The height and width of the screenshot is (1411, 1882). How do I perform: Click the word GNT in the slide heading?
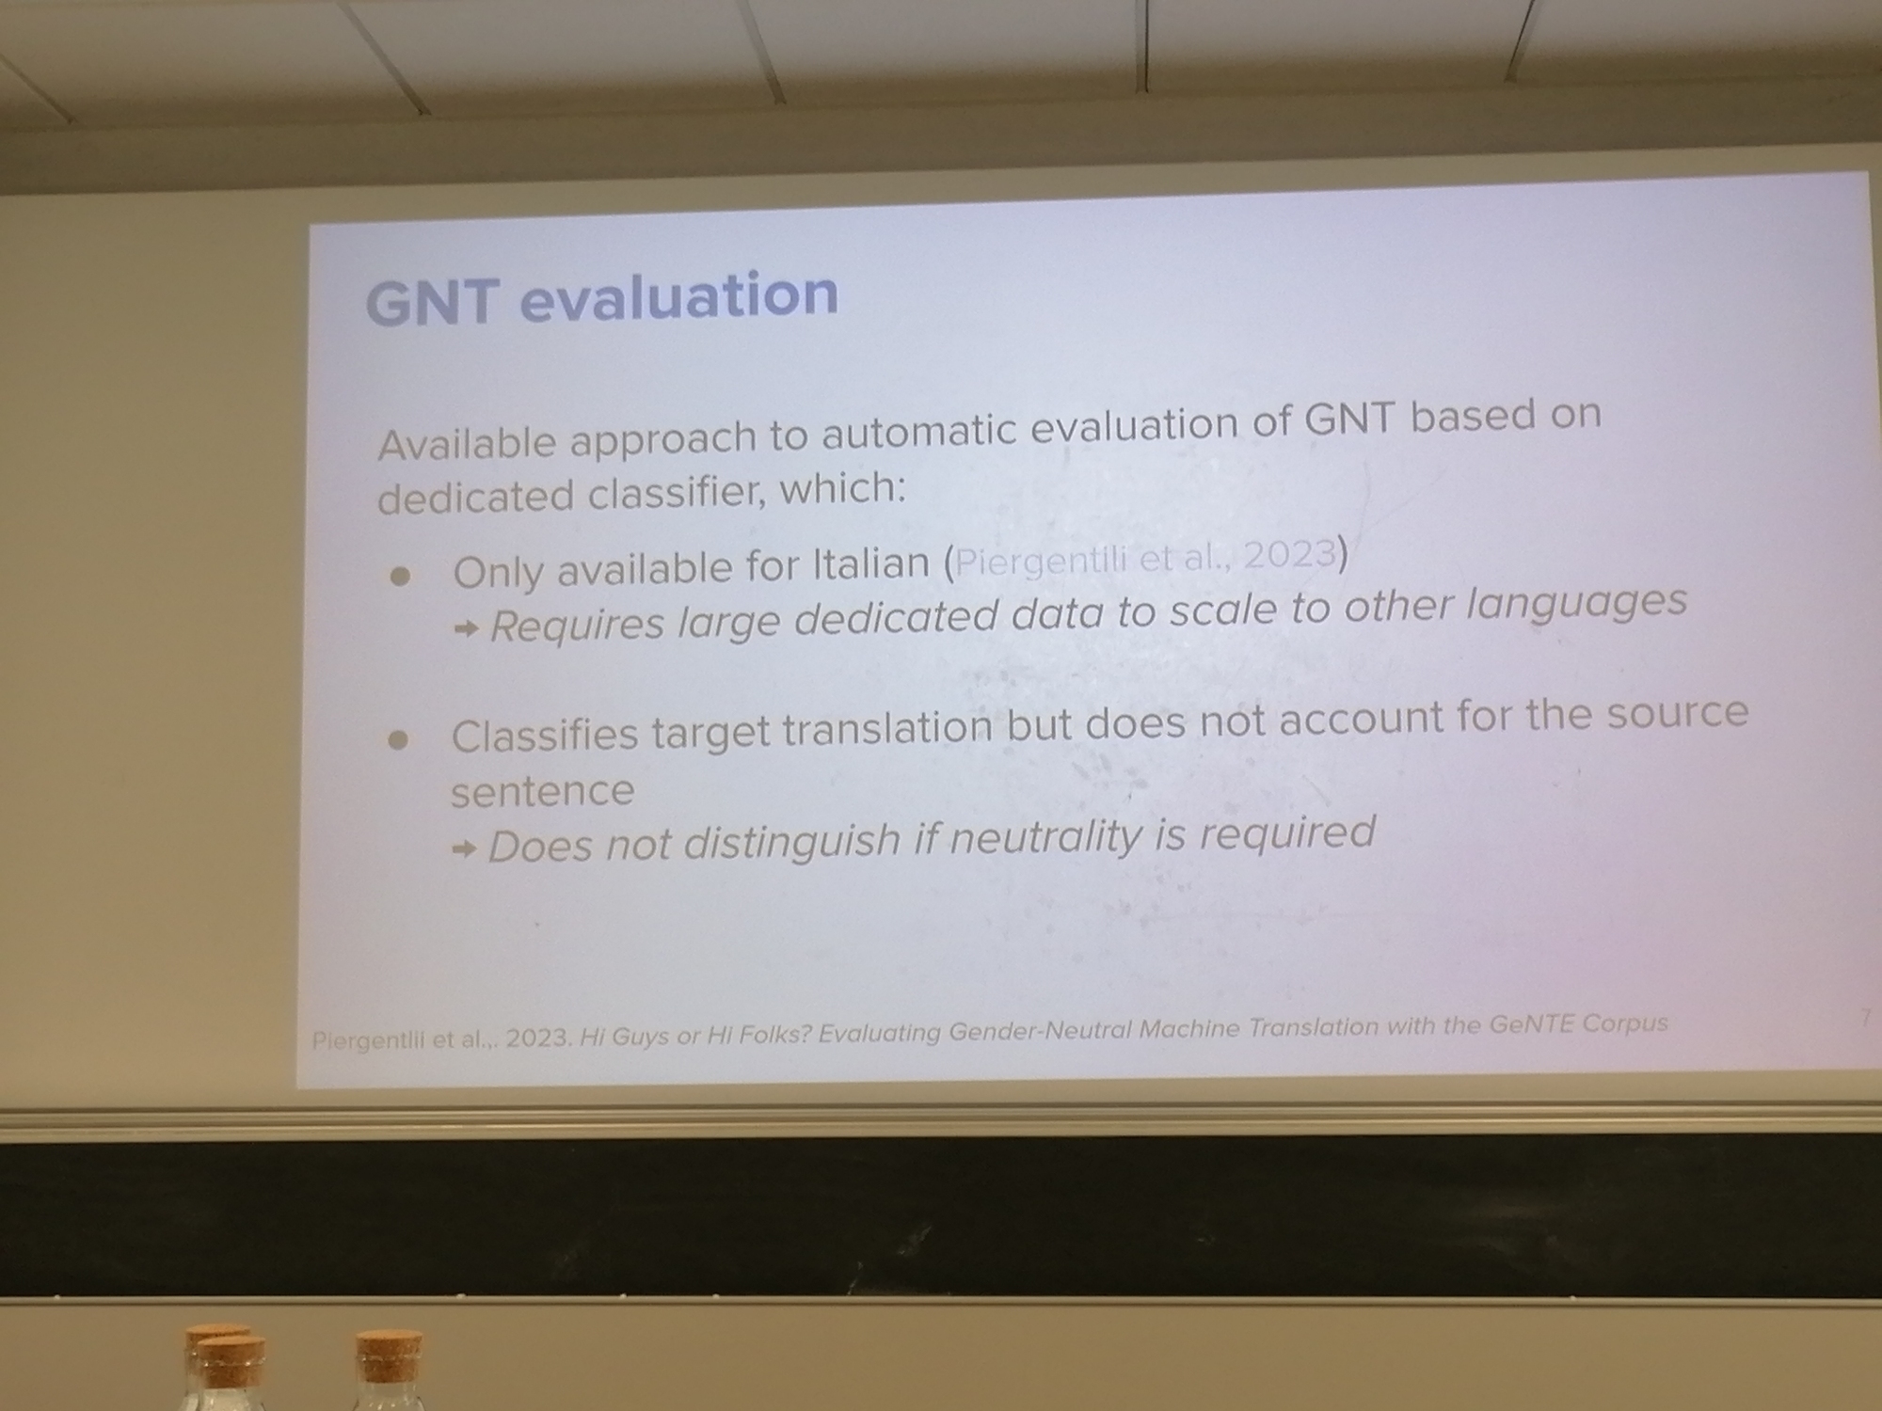pos(430,303)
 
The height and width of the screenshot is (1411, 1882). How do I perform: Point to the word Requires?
pos(577,624)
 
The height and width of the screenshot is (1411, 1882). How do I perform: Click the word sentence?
pos(542,791)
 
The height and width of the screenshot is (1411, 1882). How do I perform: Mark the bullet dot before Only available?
pos(400,576)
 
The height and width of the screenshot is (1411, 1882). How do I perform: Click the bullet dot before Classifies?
pos(398,740)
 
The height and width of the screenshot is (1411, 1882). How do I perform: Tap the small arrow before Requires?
pos(467,629)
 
